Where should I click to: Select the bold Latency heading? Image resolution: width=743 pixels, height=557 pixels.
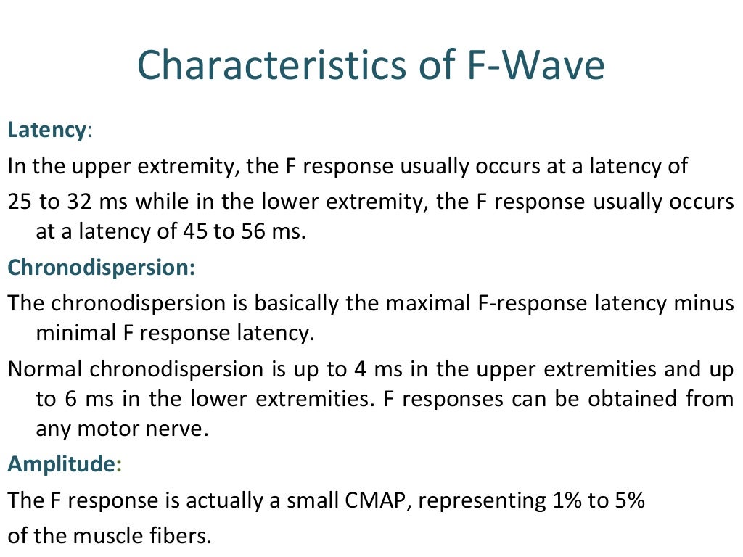pos(46,131)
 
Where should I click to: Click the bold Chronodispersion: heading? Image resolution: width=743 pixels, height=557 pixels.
pos(102,267)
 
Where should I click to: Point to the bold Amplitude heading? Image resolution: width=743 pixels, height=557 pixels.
pos(61,465)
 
